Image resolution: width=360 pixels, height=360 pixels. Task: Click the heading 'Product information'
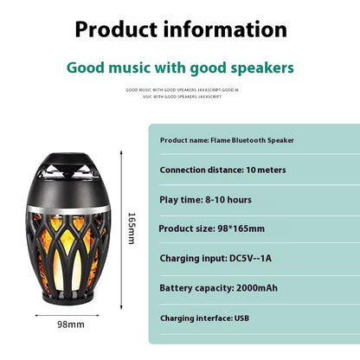(180, 29)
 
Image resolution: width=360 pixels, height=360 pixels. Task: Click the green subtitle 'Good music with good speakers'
(180, 67)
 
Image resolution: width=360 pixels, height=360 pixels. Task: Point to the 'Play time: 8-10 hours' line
(206, 200)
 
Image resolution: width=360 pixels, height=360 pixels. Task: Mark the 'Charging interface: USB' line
(204, 318)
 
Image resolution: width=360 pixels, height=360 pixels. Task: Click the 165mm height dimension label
(132, 228)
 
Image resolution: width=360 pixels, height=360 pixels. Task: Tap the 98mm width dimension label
(70, 325)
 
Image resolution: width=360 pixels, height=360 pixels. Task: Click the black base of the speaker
(70, 295)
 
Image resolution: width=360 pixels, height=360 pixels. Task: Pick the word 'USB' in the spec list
(241, 318)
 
